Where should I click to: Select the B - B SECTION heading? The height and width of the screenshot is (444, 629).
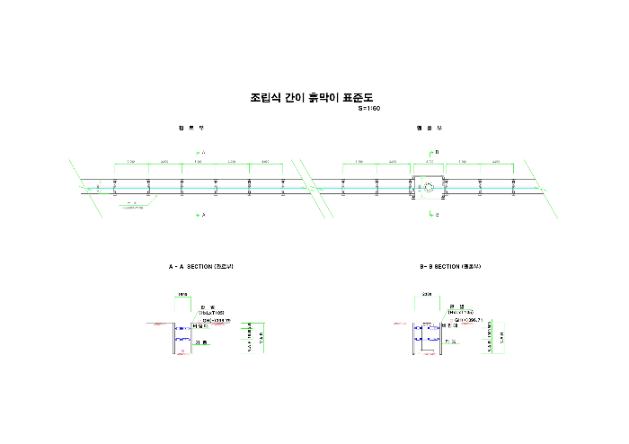click(x=451, y=267)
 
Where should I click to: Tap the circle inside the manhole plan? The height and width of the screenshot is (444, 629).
click(x=429, y=188)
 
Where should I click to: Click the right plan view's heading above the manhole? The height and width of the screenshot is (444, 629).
click(x=429, y=128)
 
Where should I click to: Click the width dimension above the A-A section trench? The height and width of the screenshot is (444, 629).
click(x=182, y=294)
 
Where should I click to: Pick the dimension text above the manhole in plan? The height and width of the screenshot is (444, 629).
click(x=429, y=162)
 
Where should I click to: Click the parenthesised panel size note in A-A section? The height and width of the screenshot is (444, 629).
click(x=211, y=312)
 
